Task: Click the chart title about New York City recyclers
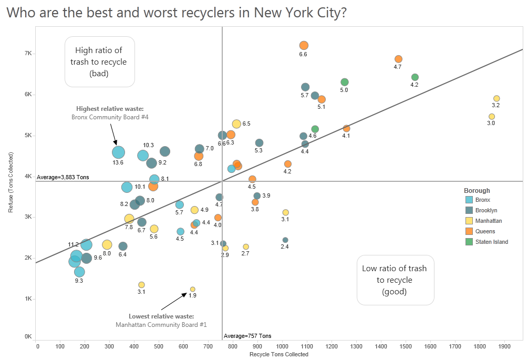tap(176, 13)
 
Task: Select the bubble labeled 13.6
tap(118, 152)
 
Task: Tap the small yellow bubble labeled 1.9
tap(192, 289)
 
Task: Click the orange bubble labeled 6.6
tap(304, 46)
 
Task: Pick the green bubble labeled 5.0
tap(345, 82)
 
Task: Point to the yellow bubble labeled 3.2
tap(496, 98)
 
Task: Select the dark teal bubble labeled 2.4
tap(285, 240)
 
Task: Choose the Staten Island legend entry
tap(491, 242)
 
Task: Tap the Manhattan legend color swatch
tap(469, 221)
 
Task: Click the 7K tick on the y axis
tap(28, 54)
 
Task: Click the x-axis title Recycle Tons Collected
tap(279, 354)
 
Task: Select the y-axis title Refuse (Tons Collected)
tap(11, 182)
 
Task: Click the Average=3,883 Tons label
tap(63, 177)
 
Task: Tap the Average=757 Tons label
tap(247, 336)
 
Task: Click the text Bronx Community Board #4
tap(110, 117)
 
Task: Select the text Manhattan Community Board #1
tap(161, 325)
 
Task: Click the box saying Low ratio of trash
tap(395, 280)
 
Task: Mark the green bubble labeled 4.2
tap(415, 77)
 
